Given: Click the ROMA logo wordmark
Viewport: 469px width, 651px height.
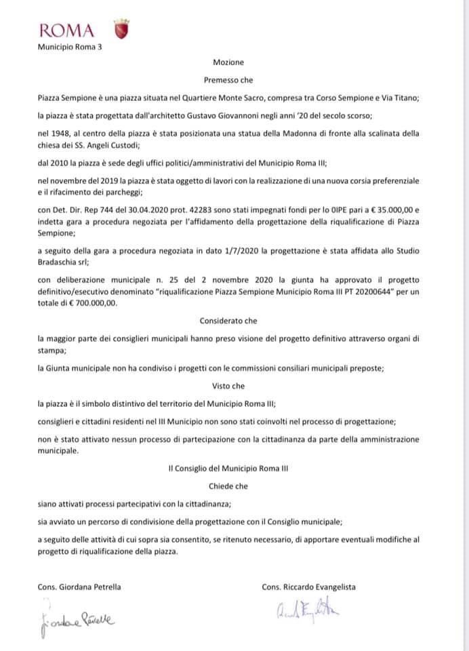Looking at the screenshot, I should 66,31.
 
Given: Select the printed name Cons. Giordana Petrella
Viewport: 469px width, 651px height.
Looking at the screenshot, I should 81,587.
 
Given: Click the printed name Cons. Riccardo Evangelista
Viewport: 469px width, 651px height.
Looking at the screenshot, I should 308,587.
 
